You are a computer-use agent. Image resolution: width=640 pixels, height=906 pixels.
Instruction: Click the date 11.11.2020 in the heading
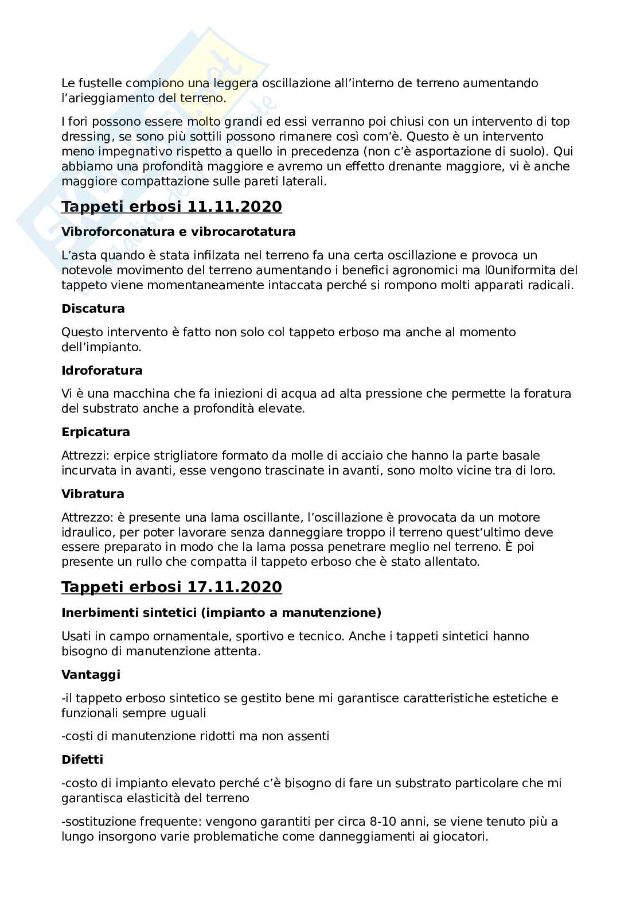point(235,207)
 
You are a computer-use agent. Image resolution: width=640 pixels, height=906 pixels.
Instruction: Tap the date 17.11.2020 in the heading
point(235,588)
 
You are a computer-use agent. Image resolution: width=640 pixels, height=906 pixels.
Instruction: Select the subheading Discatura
point(93,309)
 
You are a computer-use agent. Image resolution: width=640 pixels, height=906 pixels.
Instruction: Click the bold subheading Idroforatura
point(102,371)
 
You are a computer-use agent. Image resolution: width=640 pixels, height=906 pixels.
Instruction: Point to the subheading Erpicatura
point(96,432)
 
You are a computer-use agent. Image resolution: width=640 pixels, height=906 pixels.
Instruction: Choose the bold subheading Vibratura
point(93,494)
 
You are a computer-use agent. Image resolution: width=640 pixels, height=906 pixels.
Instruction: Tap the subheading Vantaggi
point(91,675)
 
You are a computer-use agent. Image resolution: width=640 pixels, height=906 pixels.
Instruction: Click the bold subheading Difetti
point(82,760)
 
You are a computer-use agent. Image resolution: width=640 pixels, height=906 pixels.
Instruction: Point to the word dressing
point(84,137)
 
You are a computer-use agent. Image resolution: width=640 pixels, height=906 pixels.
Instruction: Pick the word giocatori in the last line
point(461,837)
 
